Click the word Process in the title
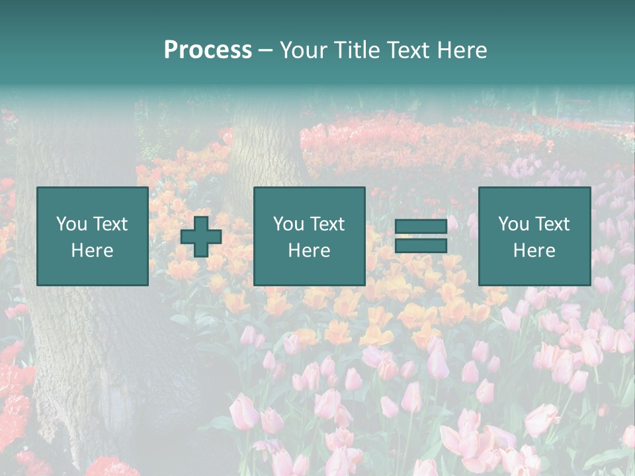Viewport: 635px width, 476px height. (x=208, y=50)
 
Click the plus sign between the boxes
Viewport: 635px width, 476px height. (x=201, y=237)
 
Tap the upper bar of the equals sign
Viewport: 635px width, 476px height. (x=421, y=226)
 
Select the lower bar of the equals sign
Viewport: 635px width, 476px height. (x=421, y=245)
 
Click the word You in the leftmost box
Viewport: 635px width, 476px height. (x=71, y=224)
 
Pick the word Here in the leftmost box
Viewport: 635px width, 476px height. (x=92, y=251)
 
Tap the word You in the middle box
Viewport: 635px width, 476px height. (x=288, y=224)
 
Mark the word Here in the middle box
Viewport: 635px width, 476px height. (x=309, y=251)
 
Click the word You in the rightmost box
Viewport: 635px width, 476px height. (x=513, y=224)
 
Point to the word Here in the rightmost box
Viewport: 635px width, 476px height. (x=534, y=251)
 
